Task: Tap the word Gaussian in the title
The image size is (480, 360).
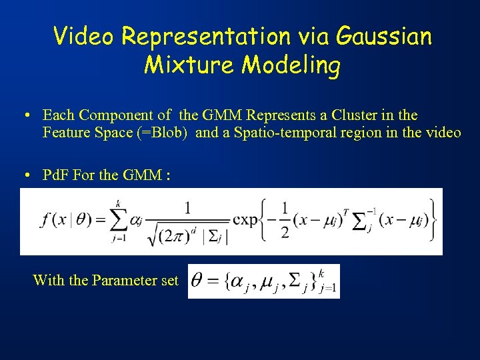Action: coord(385,36)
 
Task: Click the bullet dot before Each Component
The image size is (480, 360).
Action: coord(23,115)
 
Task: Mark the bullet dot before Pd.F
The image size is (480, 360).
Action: coord(23,176)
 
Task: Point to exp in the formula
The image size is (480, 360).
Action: coord(245,220)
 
